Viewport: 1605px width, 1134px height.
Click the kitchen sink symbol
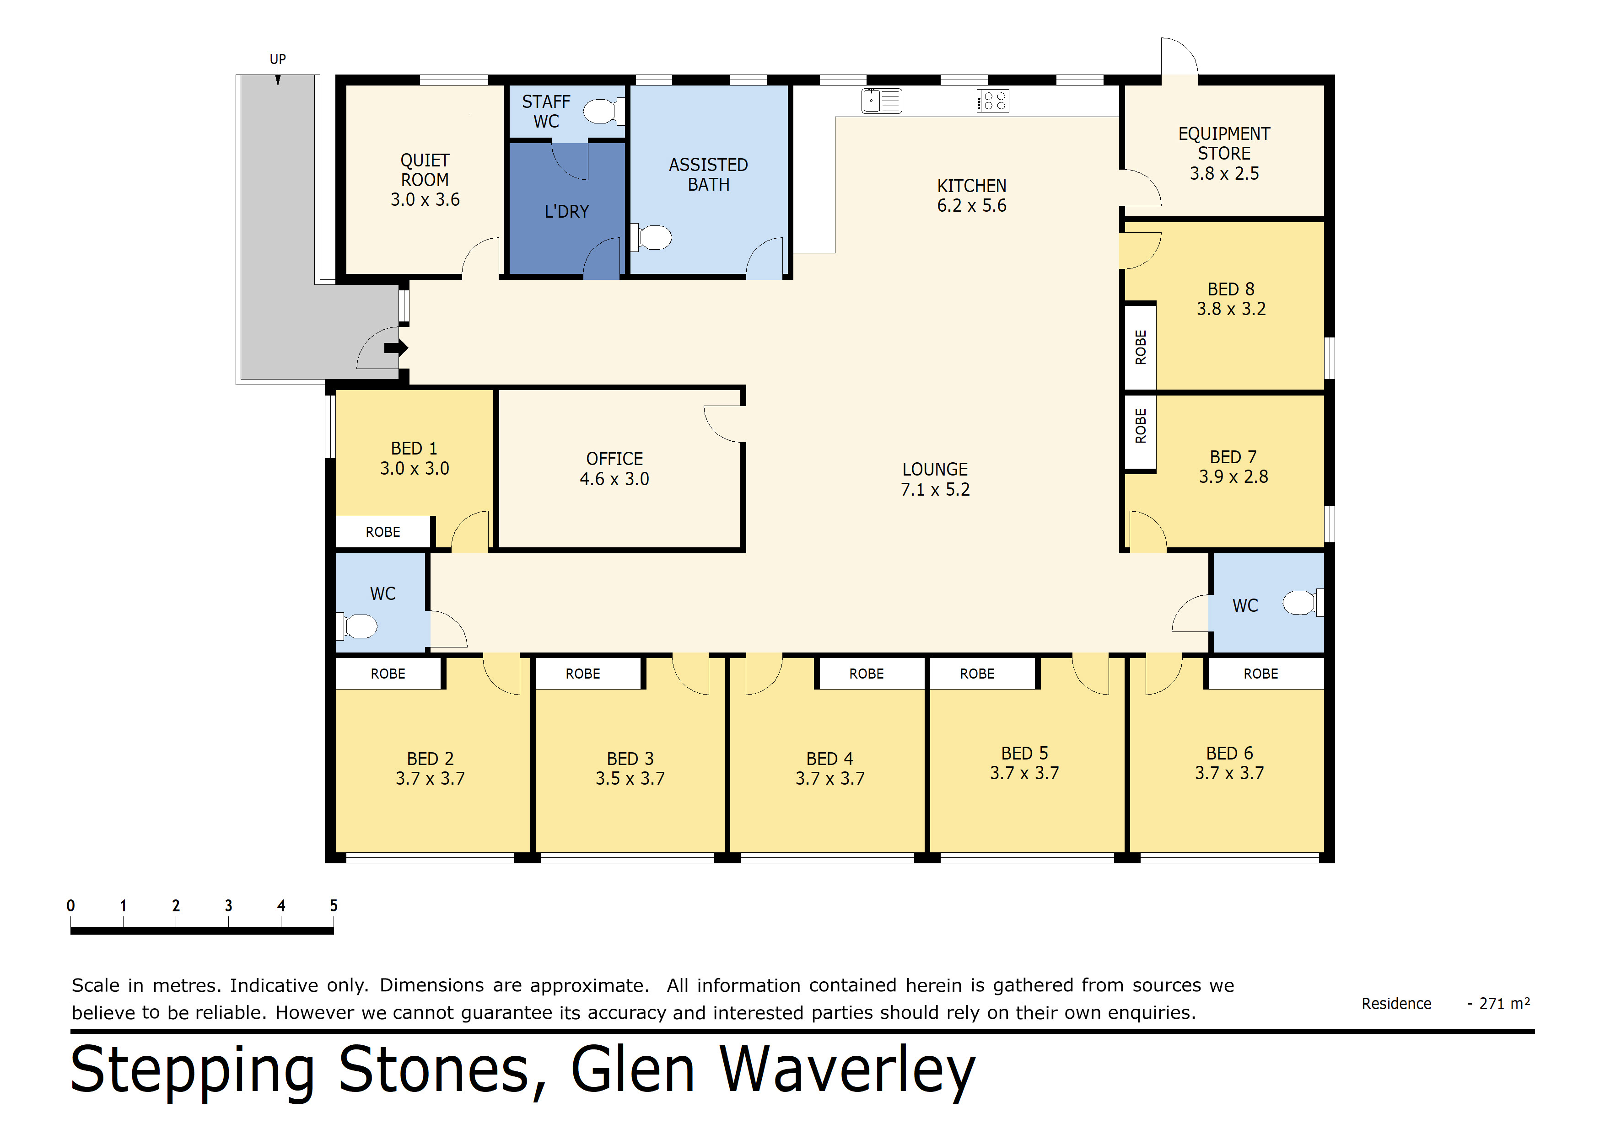click(882, 101)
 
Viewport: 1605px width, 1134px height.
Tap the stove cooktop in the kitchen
click(993, 101)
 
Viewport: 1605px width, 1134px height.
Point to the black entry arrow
click(396, 347)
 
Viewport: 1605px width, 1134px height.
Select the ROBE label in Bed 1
click(383, 532)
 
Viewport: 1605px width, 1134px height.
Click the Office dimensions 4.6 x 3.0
click(614, 479)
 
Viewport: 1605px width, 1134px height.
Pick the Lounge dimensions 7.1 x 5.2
click(935, 490)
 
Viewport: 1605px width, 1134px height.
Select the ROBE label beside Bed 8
click(1141, 347)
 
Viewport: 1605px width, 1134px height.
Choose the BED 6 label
click(1230, 753)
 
